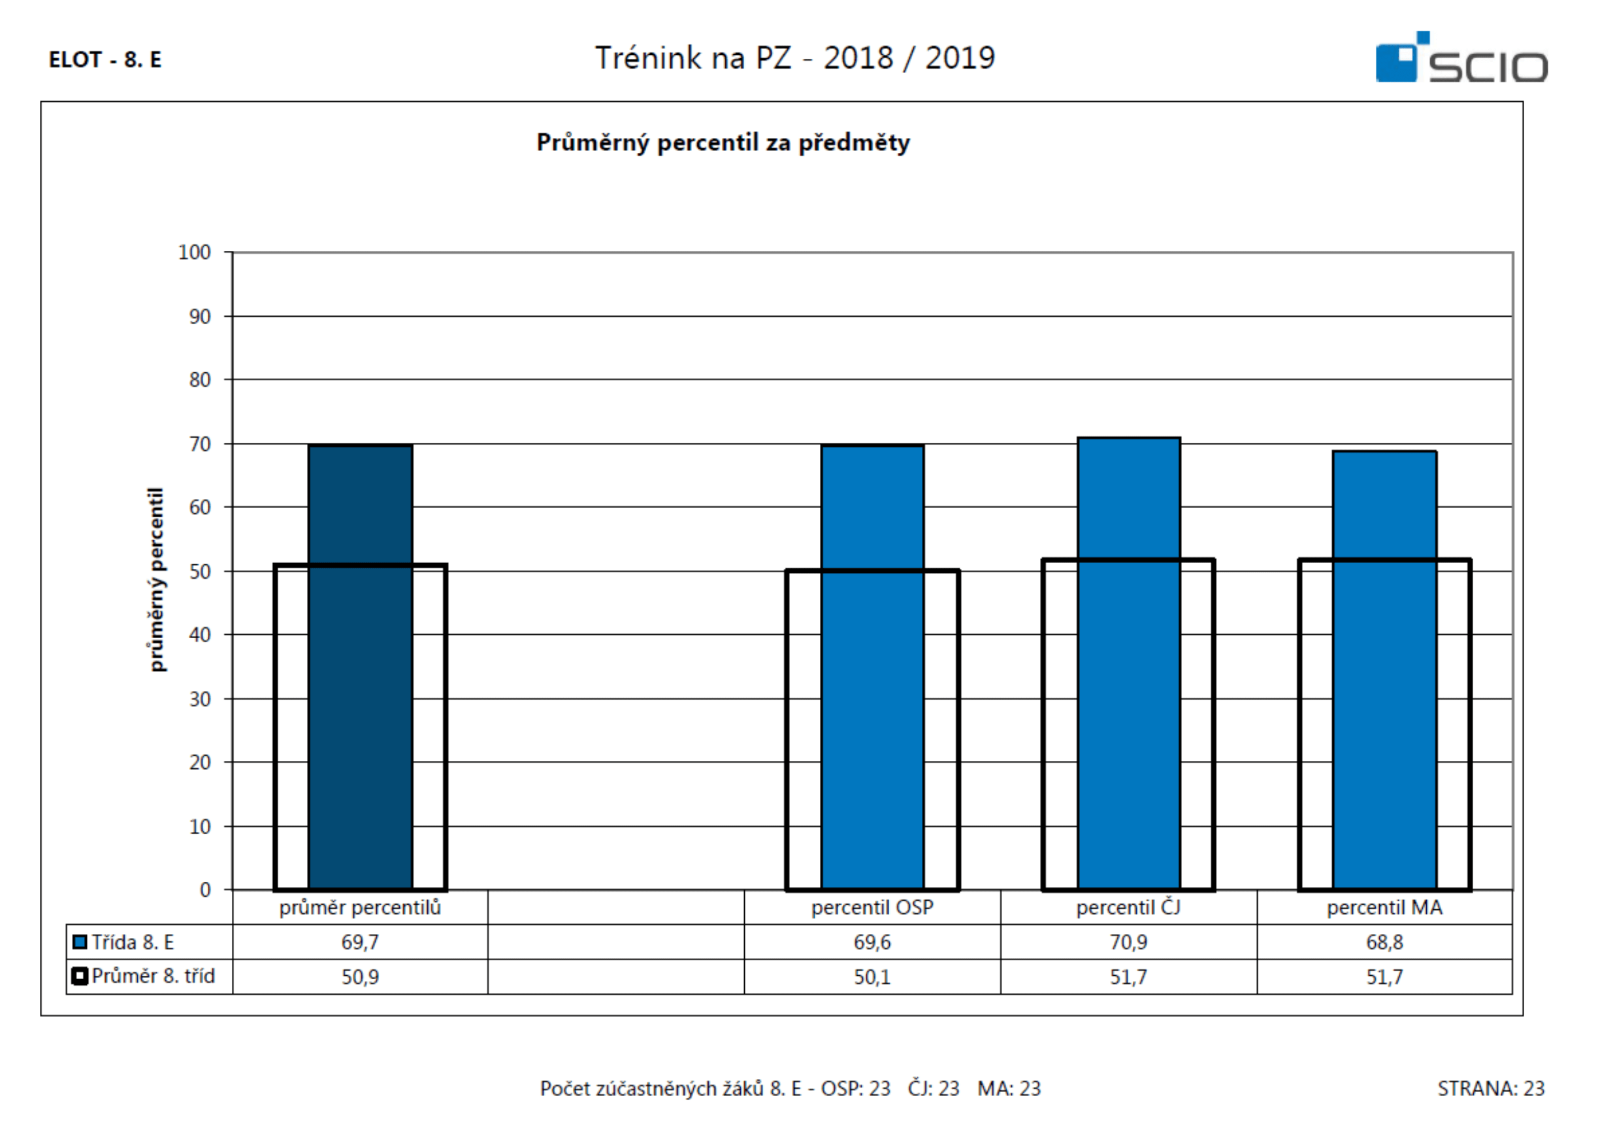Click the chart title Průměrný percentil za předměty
tap(723, 142)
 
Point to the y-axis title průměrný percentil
tap(157, 579)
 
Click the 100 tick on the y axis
tap(194, 252)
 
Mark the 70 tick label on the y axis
tap(200, 444)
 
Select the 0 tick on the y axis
tap(205, 890)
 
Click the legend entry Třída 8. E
tap(124, 942)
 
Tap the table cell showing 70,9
tap(1129, 942)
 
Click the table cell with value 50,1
tap(873, 977)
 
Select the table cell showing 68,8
tap(1385, 942)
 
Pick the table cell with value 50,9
tap(361, 977)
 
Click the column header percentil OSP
tap(873, 907)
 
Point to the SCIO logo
tap(1461, 57)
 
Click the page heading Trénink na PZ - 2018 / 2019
tap(796, 57)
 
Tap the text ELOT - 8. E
tap(105, 60)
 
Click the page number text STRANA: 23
tap(1492, 1088)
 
